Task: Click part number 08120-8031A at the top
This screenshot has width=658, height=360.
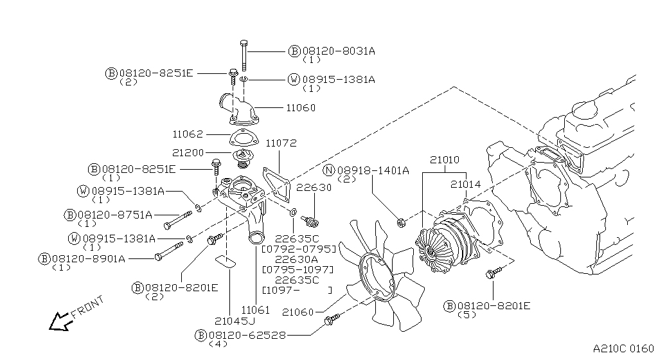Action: pos(339,51)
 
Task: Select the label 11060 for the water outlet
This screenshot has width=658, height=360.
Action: pos(301,108)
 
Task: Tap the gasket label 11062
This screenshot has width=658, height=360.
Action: pos(188,134)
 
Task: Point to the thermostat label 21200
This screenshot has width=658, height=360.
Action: pos(188,153)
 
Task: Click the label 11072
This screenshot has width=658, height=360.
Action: pos(281,143)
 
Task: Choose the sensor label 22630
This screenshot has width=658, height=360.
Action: pos(314,188)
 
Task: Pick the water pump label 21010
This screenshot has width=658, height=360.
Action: pos(445,160)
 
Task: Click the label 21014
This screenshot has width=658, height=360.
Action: pos(465,184)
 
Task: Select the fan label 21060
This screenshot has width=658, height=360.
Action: pos(298,312)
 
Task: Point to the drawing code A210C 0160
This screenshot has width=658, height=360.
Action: pos(623,348)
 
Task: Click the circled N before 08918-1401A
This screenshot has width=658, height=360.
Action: pos(330,170)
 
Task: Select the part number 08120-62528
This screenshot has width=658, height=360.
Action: pos(247,335)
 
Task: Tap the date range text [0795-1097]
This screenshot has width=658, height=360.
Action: pos(298,269)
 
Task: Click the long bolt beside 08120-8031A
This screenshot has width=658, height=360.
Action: pos(244,55)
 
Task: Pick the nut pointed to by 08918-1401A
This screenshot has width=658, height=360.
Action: pos(401,222)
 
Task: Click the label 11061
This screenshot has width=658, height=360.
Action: pos(255,310)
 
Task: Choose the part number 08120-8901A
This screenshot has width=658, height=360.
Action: pos(89,259)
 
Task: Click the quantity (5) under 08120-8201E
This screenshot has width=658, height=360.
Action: pos(467,315)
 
